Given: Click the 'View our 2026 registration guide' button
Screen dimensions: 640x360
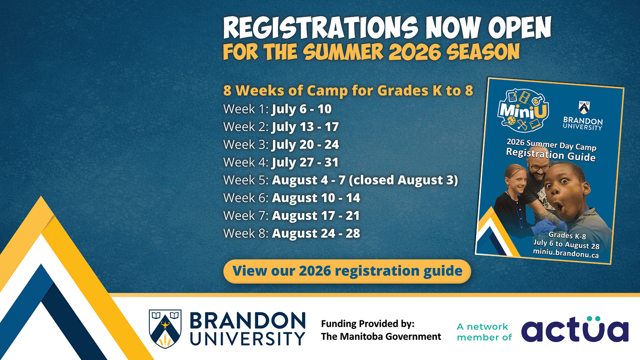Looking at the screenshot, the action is click(347, 271).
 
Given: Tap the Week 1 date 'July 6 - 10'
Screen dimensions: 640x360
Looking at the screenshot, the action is click(302, 109).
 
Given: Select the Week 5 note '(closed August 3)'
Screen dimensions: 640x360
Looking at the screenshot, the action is click(404, 180).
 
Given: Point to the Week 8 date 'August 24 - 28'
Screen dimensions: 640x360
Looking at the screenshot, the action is click(316, 233).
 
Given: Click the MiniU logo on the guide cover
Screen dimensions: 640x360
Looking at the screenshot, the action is click(523, 110).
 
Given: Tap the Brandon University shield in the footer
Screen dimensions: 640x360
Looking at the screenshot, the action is click(165, 329).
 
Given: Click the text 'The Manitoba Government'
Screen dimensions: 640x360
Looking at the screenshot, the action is click(381, 337).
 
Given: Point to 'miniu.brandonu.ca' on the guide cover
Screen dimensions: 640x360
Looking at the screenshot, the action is click(566, 253).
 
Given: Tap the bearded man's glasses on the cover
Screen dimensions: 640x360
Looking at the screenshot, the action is click(539, 167).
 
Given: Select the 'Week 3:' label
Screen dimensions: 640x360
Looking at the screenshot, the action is click(246, 145).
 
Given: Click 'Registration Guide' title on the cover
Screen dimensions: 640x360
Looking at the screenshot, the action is click(550, 155).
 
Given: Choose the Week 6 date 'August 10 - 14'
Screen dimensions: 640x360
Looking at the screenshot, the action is click(316, 198).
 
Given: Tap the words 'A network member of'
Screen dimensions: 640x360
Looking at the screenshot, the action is click(484, 332).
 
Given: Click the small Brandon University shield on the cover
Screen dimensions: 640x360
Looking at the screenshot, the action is click(584, 107).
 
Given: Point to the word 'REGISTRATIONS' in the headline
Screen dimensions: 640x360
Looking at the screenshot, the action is click(320, 27).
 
